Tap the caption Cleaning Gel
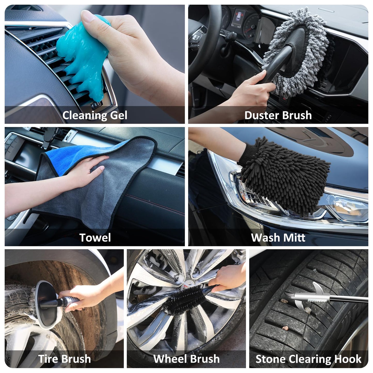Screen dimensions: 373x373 tap(95, 115)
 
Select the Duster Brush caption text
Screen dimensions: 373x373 tap(278, 115)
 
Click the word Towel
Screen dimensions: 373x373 tap(95, 237)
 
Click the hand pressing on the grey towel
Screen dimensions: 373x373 tap(85, 170)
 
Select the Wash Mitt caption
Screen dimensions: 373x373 tap(278, 237)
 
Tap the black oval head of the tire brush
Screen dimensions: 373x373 tap(46, 305)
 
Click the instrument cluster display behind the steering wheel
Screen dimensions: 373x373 tap(238, 18)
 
